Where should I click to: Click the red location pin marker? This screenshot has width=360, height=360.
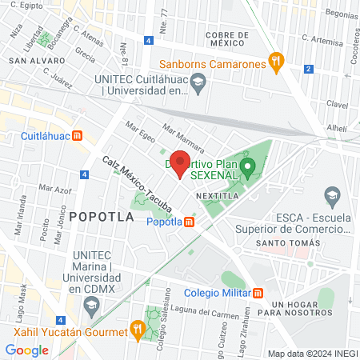tap(181, 163)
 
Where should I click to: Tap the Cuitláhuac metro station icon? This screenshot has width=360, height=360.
tap(77, 136)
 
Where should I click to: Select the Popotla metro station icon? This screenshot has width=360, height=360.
tap(190, 222)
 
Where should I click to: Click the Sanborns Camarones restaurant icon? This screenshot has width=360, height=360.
tap(276, 61)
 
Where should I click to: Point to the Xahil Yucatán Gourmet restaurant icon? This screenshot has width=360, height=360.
tap(138, 327)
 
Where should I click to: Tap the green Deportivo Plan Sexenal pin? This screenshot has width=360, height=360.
tap(248, 168)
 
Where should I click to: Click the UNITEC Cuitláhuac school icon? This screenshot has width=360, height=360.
tap(199, 80)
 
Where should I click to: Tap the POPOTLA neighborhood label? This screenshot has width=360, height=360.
tap(98, 216)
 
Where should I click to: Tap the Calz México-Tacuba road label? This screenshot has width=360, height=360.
tap(137, 184)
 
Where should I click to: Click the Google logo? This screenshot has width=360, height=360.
tap(26, 350)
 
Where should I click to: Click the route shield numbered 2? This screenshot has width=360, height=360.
tap(309, 69)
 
